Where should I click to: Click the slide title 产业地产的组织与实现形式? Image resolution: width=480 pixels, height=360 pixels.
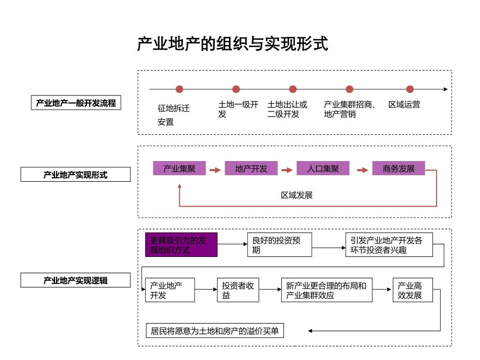232,44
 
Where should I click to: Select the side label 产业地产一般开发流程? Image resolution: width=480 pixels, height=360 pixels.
76,103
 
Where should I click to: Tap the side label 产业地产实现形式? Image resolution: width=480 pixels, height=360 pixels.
75,175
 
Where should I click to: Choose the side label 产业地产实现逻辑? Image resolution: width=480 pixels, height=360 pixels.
75,280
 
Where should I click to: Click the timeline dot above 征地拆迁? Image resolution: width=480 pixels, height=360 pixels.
179,89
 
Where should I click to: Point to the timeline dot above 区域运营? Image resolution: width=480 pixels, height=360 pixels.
409,89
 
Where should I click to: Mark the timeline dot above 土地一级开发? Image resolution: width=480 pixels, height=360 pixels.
236,89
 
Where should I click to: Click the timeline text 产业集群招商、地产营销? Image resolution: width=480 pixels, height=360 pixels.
349,110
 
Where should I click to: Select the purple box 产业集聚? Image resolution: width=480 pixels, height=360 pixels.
179,169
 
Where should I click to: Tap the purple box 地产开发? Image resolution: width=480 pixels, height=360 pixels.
251,169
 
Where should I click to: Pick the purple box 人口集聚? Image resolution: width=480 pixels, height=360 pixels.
323,169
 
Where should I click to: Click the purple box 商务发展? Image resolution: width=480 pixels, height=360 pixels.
399,169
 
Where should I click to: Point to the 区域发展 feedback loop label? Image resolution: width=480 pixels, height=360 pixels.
297,195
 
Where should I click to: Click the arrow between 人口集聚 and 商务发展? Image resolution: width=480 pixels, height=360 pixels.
362,170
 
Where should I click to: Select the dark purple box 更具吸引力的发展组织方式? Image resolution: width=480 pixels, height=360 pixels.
181,245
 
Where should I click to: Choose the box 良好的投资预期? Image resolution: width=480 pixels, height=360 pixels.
279,245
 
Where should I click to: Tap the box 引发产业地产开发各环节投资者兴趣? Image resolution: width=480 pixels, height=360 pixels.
389,245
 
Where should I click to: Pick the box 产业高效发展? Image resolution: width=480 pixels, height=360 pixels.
412,290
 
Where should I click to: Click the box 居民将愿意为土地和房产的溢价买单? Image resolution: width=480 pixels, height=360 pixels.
214,331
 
